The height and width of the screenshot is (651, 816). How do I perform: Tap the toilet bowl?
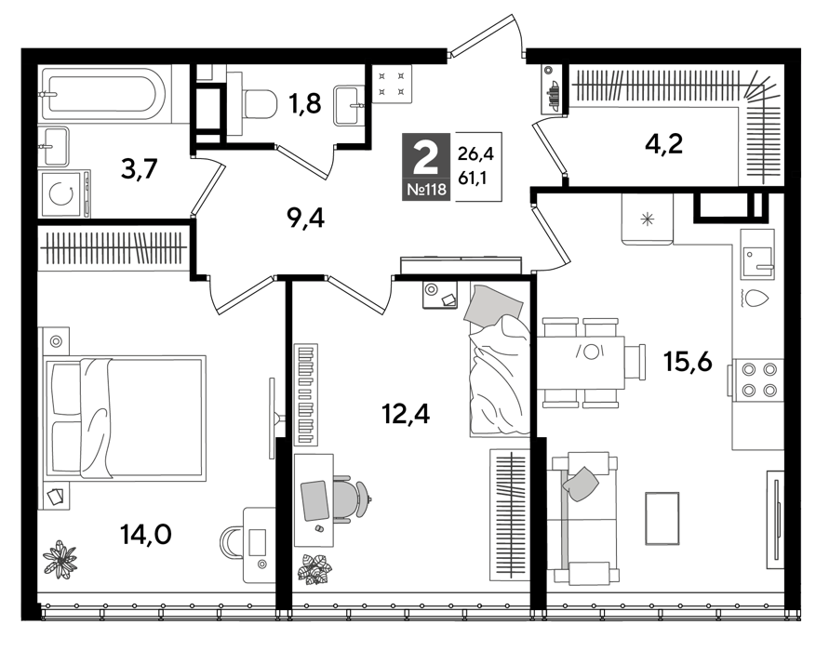257,103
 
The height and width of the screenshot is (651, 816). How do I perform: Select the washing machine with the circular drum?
63,194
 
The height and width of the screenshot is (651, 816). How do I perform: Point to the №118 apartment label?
426,191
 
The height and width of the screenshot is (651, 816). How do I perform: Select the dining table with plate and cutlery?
582,362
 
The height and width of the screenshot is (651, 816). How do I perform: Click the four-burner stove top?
757,379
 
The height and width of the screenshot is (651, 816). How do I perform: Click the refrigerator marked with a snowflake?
648,219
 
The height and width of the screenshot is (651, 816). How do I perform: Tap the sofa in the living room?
582,518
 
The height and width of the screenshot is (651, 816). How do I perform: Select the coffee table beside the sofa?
662,518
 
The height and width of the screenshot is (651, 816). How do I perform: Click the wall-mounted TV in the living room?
775,518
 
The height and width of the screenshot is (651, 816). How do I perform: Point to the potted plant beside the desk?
314,568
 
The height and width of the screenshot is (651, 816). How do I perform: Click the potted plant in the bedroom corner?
60,558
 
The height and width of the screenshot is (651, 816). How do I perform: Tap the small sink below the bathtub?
53,147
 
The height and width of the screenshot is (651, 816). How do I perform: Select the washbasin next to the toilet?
351,104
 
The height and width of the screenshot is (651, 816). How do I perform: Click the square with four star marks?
392,83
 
